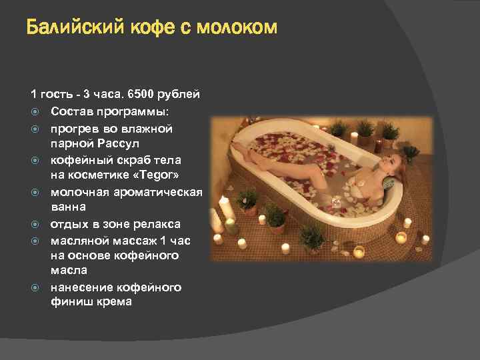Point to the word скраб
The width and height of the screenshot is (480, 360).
pos(129,160)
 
